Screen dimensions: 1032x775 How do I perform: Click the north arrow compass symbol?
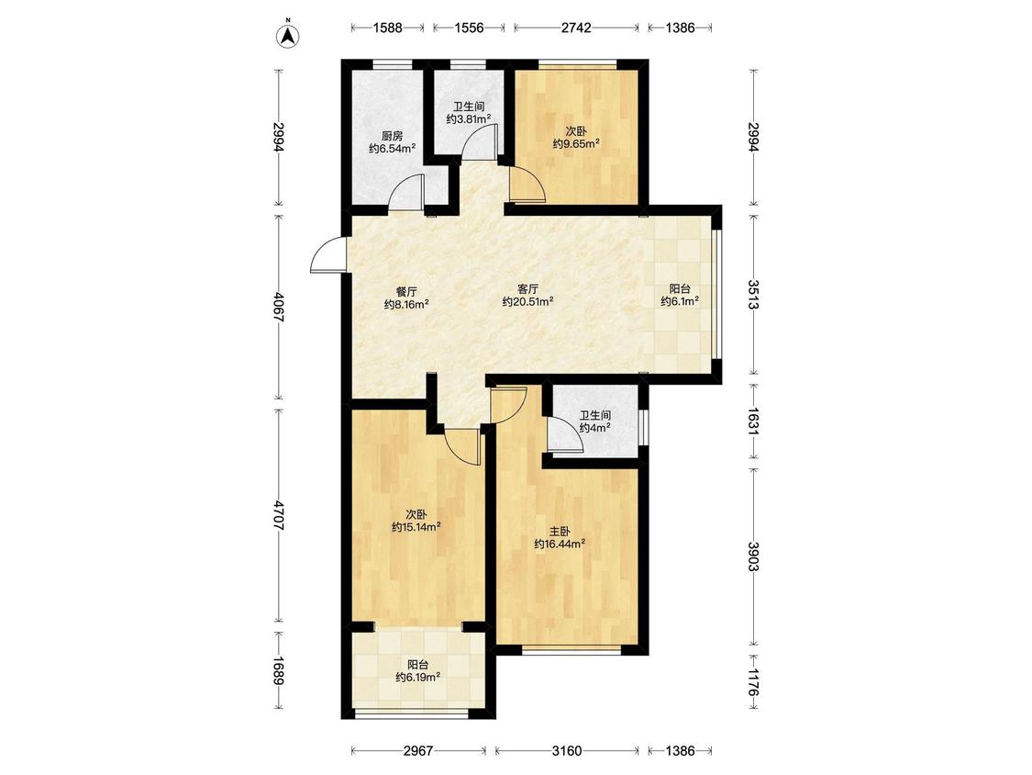coord(288,36)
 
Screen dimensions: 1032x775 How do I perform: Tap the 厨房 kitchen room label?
coord(392,137)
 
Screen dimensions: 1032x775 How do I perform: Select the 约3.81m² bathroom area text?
coord(469,119)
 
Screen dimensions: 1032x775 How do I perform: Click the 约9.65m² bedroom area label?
coord(576,143)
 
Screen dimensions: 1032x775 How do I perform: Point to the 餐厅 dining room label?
coord(406,291)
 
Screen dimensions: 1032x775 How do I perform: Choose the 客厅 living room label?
coord(527,289)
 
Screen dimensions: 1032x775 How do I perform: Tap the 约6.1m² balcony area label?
coord(680,301)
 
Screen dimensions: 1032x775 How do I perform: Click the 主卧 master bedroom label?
coord(560,531)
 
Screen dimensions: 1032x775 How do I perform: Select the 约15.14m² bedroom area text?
coord(416,526)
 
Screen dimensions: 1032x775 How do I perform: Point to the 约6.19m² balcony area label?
coord(418,677)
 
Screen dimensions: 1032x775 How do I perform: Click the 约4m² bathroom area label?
coord(595,428)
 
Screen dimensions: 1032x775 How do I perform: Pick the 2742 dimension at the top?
coord(576,28)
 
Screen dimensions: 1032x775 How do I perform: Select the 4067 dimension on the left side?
coord(279,307)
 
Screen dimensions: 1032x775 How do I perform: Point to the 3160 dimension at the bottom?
coord(567,750)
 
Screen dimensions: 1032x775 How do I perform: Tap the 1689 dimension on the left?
coord(279,669)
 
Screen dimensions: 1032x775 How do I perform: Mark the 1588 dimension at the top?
coord(388,28)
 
